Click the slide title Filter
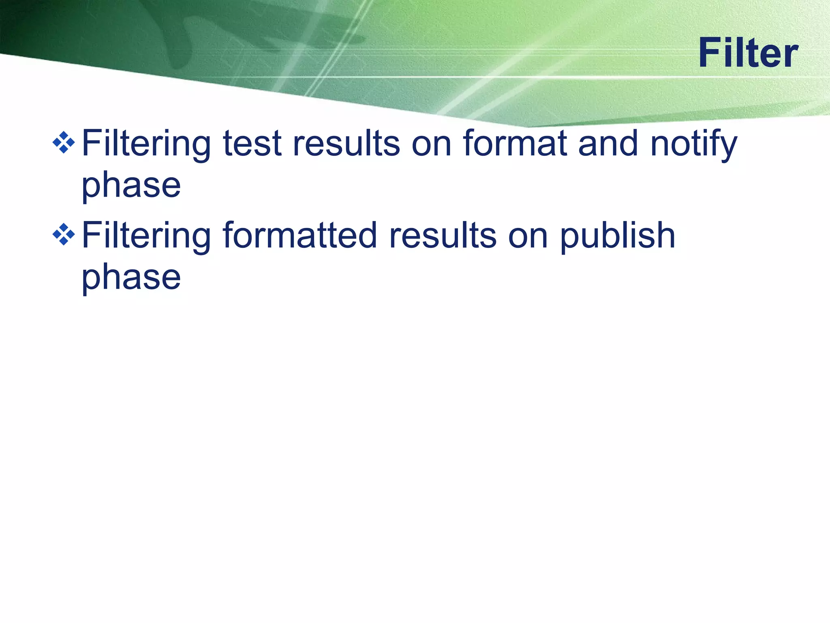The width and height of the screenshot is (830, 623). (748, 53)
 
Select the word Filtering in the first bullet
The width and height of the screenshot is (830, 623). (146, 144)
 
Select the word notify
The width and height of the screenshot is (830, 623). (693, 144)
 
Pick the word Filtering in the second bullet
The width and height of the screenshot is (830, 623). (146, 236)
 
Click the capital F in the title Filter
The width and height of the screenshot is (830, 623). (710, 53)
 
